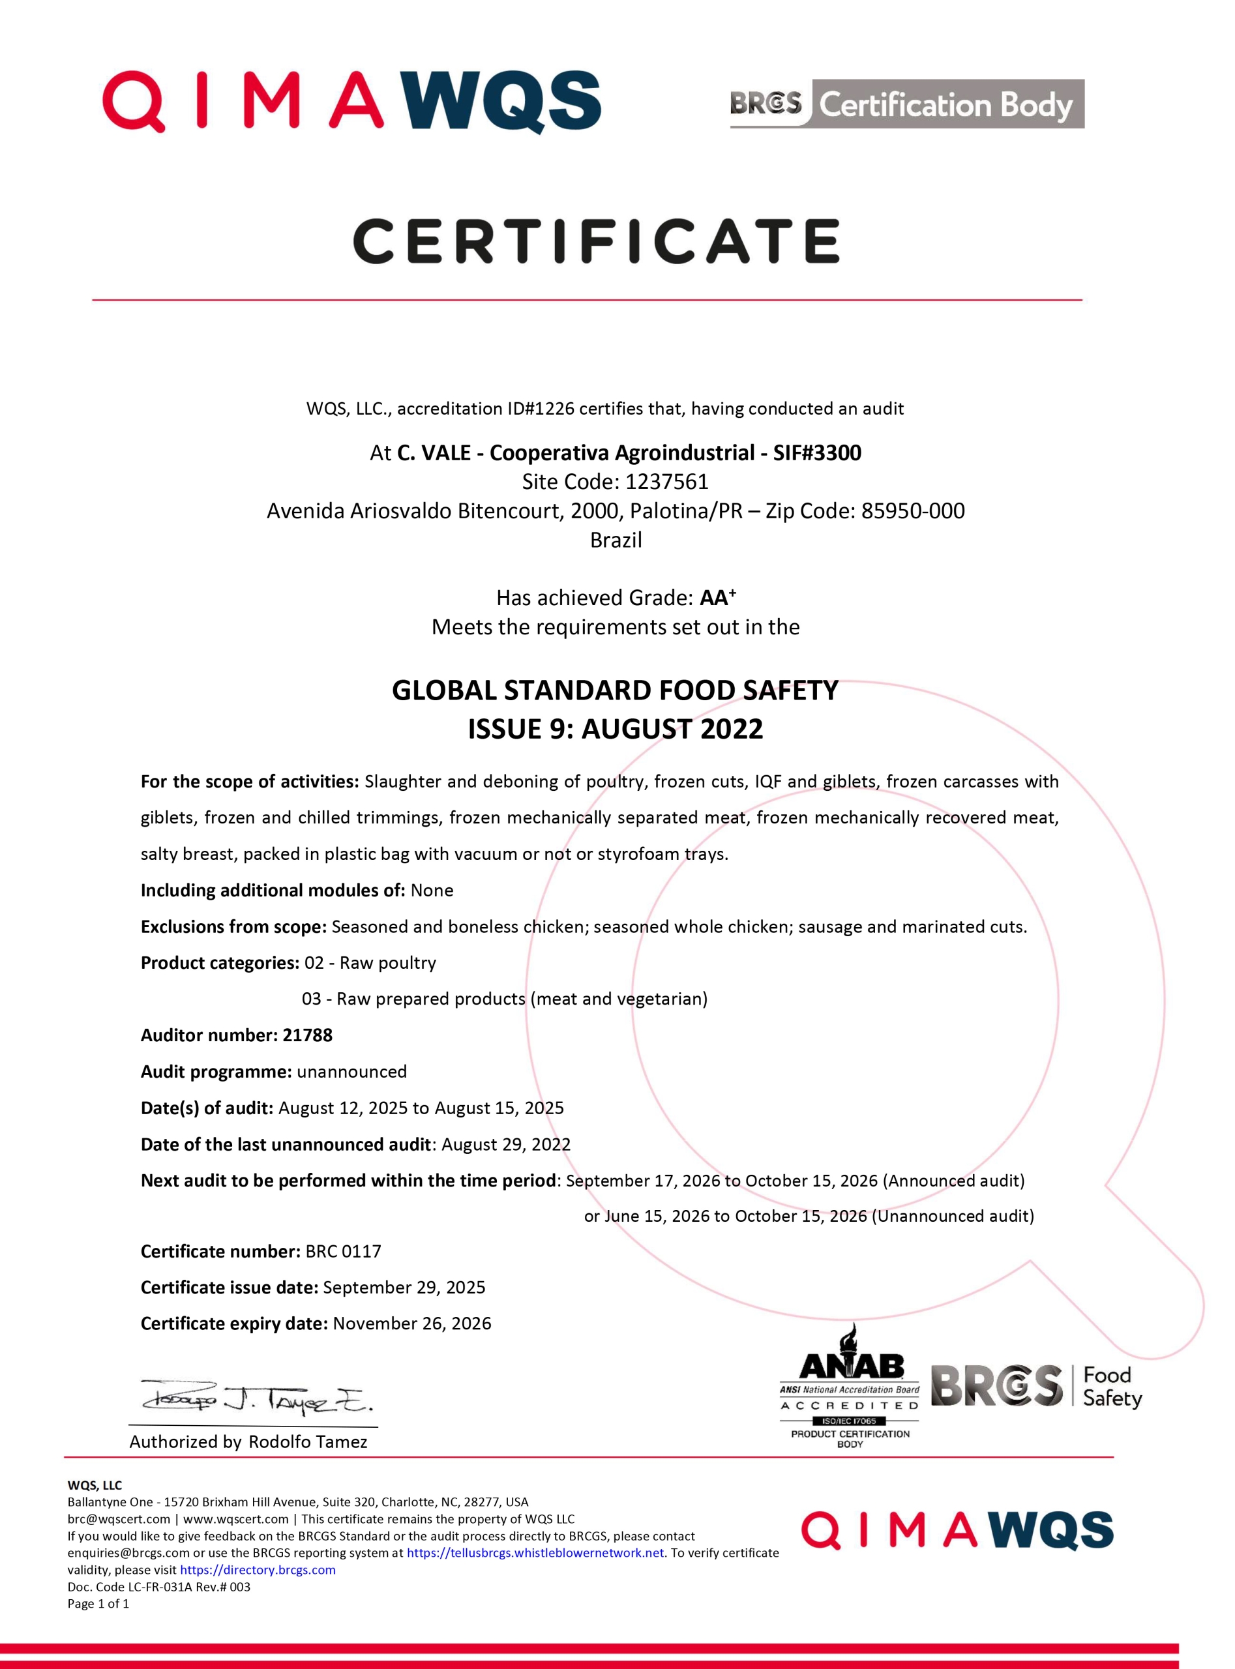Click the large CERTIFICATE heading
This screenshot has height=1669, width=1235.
tap(596, 241)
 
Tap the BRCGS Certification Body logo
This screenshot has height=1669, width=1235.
tap(907, 104)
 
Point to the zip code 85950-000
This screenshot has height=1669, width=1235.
tap(913, 510)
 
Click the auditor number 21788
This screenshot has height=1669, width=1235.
tap(307, 1035)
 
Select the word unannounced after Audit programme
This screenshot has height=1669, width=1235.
tap(351, 1071)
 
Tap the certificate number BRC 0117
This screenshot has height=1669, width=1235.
tap(343, 1251)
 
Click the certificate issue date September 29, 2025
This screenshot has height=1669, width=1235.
tap(404, 1287)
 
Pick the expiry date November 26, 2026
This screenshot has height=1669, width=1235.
tap(412, 1323)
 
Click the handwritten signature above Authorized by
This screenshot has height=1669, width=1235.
tap(256, 1395)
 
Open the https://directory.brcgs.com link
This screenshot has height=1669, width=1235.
tap(258, 1570)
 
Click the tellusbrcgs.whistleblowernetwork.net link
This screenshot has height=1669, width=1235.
tap(535, 1552)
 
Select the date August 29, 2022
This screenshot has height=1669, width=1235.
tap(506, 1144)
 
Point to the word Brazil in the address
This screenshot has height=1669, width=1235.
tap(616, 540)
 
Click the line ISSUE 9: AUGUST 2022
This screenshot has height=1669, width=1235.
tap(616, 728)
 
